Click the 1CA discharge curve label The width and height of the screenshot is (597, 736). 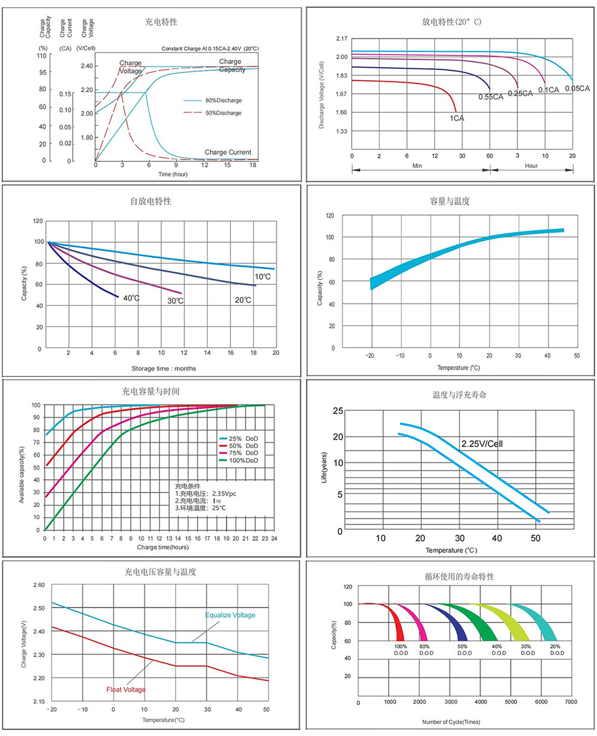457,118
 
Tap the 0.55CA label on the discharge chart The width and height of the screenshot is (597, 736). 490,97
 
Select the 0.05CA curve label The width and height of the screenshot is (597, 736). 577,88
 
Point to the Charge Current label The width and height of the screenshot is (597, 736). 227,152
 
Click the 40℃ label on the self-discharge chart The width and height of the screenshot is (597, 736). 131,298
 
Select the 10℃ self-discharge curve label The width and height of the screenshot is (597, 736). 263,277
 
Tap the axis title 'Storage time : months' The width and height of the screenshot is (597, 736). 164,368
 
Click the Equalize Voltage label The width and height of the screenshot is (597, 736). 230,615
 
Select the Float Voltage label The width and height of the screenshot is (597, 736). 126,689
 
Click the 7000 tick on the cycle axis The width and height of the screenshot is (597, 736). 570,701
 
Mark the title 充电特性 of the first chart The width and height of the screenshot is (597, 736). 161,22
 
